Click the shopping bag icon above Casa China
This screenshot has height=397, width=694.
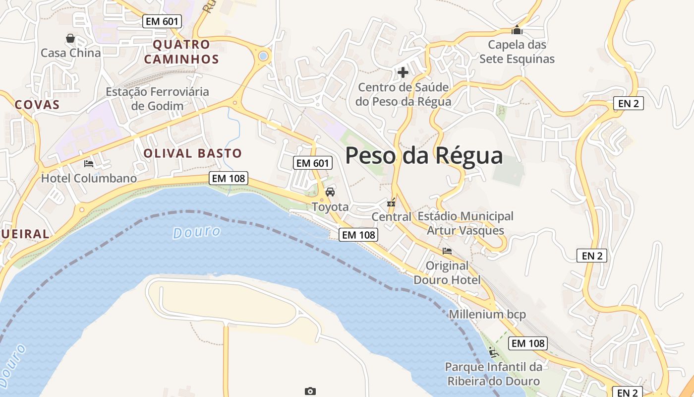pos(70,38)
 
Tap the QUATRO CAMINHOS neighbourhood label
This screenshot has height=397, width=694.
pos(186,52)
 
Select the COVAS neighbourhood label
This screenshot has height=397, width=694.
pos(37,105)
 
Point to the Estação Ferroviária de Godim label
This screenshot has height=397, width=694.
pos(157,99)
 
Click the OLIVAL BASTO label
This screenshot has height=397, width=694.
pos(192,153)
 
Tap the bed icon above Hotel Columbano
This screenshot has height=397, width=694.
pos(89,163)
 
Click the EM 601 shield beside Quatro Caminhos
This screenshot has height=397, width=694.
pos(162,21)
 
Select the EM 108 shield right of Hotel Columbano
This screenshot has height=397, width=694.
pos(228,178)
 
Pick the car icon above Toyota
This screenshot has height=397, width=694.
pos(330,192)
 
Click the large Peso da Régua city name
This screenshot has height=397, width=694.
pos(424,155)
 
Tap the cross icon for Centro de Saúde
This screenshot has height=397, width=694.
pos(403,72)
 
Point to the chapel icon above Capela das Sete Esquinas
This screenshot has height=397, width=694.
pos(517,30)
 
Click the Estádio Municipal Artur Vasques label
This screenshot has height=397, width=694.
pos(465,223)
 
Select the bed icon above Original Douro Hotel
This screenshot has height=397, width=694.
pos(447,251)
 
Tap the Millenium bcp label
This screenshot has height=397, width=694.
pos(487,314)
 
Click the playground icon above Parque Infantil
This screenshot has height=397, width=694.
pos(493,352)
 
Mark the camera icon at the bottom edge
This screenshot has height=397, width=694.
pos(310,392)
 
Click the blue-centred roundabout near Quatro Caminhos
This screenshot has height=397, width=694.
pos(263,56)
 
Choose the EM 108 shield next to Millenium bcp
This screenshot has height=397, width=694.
pos(528,343)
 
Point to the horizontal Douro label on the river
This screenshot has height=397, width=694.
pos(197,232)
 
